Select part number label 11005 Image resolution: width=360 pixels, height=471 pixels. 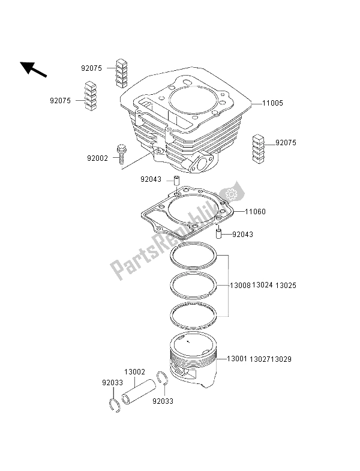[272, 103]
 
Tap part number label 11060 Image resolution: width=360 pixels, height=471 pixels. [254, 212]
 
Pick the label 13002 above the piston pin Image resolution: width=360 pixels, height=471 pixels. [135, 372]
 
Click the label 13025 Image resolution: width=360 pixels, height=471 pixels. [287, 286]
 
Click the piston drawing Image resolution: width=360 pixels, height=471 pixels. [196, 360]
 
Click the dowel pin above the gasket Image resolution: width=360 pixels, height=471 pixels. [178, 181]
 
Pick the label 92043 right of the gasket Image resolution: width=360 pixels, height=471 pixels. [244, 235]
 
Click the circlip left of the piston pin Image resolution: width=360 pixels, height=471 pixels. [115, 406]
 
